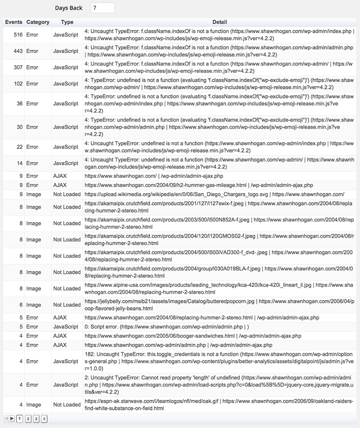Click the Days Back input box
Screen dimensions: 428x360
102,8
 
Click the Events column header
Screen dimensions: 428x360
13,22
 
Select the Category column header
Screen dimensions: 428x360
38,22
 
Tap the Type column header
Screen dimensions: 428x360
67,22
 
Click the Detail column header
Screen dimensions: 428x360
219,22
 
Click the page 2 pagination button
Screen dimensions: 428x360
28,419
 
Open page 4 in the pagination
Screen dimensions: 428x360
44,419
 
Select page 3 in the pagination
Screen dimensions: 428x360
36,419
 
